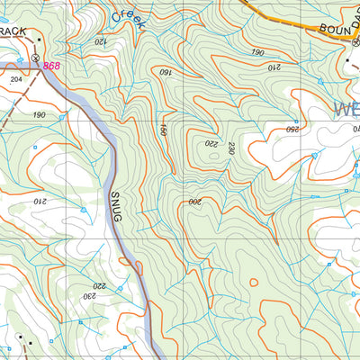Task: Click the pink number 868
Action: pos(51,67)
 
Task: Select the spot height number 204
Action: pos(14,79)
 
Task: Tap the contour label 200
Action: pos(193,202)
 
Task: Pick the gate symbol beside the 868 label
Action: pos(34,58)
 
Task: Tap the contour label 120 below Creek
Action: pos(98,41)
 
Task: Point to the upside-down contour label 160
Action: pos(166,71)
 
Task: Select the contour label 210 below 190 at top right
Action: pos(274,66)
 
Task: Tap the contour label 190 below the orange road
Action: pos(258,52)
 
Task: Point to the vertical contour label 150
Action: pos(164,130)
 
